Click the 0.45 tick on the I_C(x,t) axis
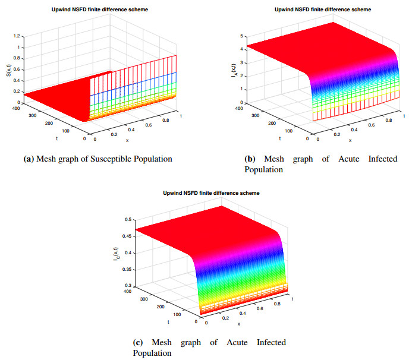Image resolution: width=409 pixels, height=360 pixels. tap(128, 236)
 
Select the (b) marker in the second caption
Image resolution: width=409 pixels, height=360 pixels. tap(250, 159)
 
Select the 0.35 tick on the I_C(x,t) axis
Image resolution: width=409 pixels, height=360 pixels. tap(128, 269)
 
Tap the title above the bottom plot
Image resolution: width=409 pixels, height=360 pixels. tap(209, 193)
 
